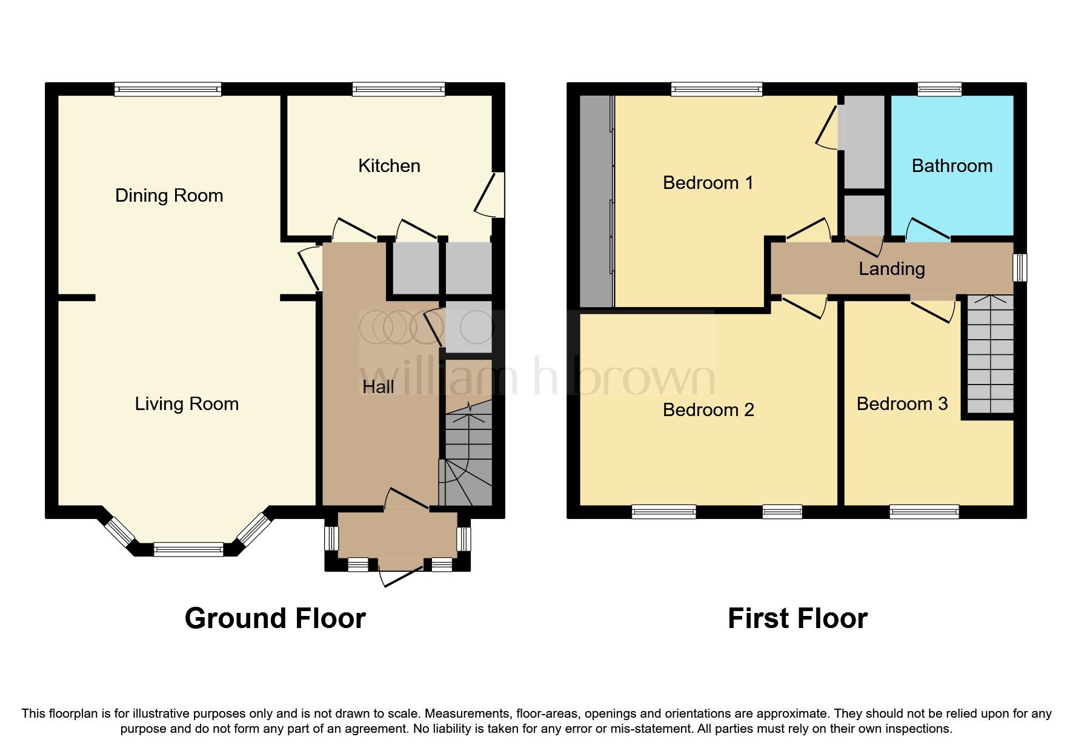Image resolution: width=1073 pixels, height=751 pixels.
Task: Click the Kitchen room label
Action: coord(389,166)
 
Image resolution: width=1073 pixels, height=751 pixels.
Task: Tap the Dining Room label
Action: coord(169,196)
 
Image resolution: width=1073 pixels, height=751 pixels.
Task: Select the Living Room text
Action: coord(187,404)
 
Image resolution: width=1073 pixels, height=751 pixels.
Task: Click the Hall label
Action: coord(378,387)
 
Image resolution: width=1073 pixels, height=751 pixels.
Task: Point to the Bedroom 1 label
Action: coord(708,183)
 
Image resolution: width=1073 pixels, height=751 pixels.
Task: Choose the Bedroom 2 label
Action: coord(708,410)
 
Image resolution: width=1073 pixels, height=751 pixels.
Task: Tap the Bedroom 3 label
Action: coord(902,404)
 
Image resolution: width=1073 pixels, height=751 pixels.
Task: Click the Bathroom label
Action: coord(952,166)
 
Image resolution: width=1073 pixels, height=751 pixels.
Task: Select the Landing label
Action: coord(891,269)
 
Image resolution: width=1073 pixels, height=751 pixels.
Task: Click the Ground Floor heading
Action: coord(275,618)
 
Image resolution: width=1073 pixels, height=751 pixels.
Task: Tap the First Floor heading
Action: coord(797,618)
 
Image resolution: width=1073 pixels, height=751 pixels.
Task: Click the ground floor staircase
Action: coord(468,454)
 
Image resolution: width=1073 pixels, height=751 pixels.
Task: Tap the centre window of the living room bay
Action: coord(188,550)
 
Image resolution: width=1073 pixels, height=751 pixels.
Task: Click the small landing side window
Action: coord(1020,267)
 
